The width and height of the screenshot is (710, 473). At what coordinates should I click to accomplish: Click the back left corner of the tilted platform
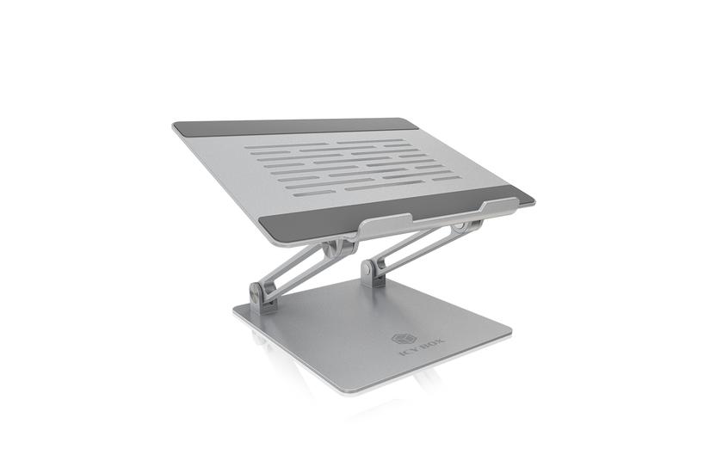tap(175, 126)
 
